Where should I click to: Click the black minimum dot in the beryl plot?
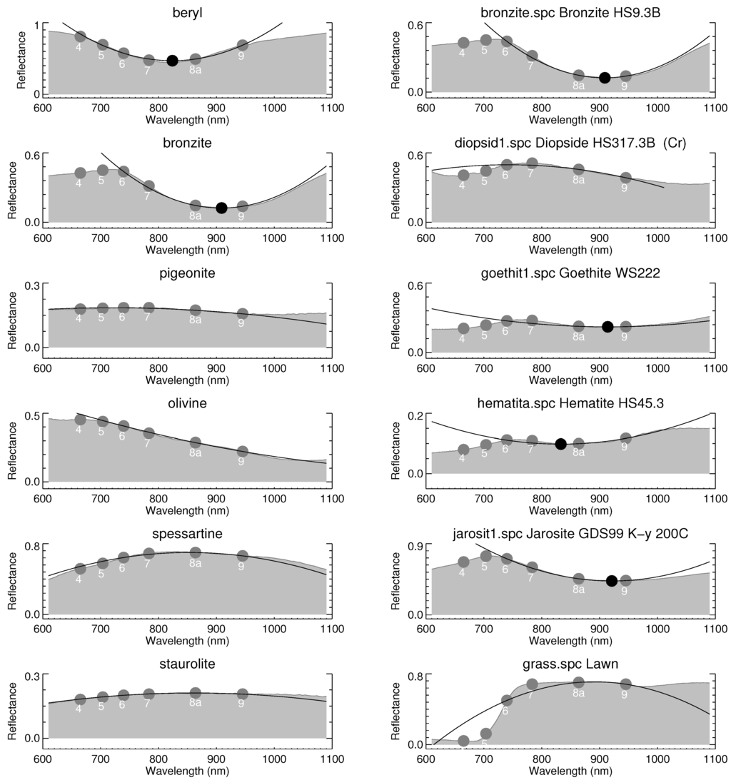(x=172, y=61)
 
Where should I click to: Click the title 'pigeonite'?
(x=188, y=273)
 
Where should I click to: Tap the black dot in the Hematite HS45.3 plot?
(x=560, y=444)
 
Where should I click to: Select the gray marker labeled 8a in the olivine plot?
(x=195, y=442)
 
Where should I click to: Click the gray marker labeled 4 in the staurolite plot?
(x=80, y=700)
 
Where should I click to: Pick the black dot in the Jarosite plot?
(x=611, y=581)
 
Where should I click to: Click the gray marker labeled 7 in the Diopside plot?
(x=531, y=163)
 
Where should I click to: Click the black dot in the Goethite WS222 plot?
(x=608, y=327)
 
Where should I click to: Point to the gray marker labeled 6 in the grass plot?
(x=507, y=701)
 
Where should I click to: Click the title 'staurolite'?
(x=188, y=664)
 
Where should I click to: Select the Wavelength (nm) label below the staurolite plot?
(x=187, y=771)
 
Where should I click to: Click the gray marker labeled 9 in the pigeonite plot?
(x=243, y=314)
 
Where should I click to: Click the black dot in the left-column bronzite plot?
(x=221, y=208)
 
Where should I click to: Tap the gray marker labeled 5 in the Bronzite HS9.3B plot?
(x=485, y=40)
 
